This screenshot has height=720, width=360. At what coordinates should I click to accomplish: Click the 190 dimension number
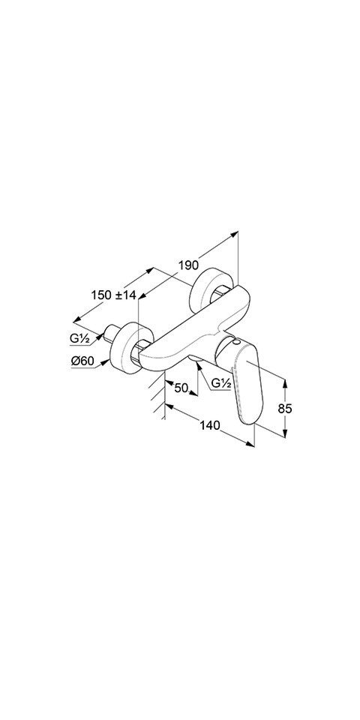(x=188, y=265)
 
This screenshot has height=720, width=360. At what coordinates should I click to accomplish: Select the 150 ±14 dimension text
(x=114, y=295)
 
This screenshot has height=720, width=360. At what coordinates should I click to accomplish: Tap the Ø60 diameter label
(x=82, y=361)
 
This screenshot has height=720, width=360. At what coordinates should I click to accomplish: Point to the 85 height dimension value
(x=285, y=408)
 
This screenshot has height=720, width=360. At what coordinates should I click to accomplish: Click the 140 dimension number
(x=209, y=426)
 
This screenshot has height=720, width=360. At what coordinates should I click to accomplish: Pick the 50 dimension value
(x=181, y=388)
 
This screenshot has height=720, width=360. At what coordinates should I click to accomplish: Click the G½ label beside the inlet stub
(x=79, y=339)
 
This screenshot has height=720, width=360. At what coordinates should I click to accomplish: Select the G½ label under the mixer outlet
(x=220, y=383)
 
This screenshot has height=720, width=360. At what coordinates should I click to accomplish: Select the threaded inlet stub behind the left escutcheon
(x=111, y=334)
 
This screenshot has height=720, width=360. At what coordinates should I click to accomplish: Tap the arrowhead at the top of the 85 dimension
(x=285, y=384)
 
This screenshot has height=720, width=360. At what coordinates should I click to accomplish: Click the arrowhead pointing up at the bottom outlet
(x=197, y=365)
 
